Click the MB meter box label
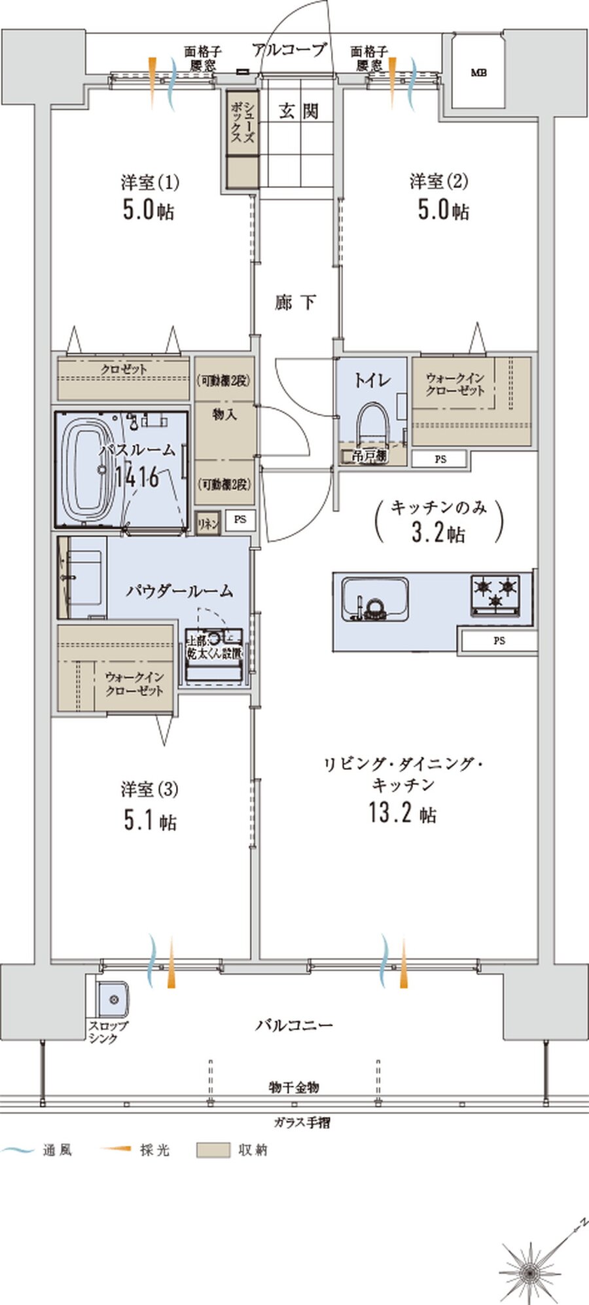click(478, 73)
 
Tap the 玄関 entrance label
click(298, 111)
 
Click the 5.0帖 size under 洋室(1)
click(149, 210)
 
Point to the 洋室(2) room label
click(438, 180)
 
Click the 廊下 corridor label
click(296, 302)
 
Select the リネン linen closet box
click(207, 524)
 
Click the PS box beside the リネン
click(240, 520)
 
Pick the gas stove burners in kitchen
click(495, 593)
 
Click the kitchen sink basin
click(374, 598)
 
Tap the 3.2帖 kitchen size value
click(438, 532)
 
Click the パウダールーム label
click(179, 591)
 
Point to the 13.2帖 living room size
click(402, 813)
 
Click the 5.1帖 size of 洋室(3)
click(150, 821)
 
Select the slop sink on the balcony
click(113, 1000)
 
